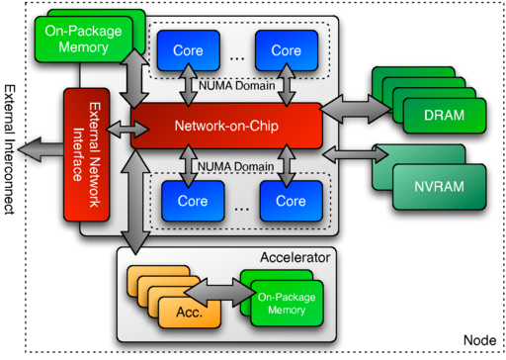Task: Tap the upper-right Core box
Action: click(x=287, y=50)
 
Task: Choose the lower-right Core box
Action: click(x=291, y=201)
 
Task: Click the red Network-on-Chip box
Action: click(x=226, y=127)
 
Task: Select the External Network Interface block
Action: click(x=85, y=154)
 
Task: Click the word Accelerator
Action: click(x=297, y=258)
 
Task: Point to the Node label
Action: click(x=478, y=339)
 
